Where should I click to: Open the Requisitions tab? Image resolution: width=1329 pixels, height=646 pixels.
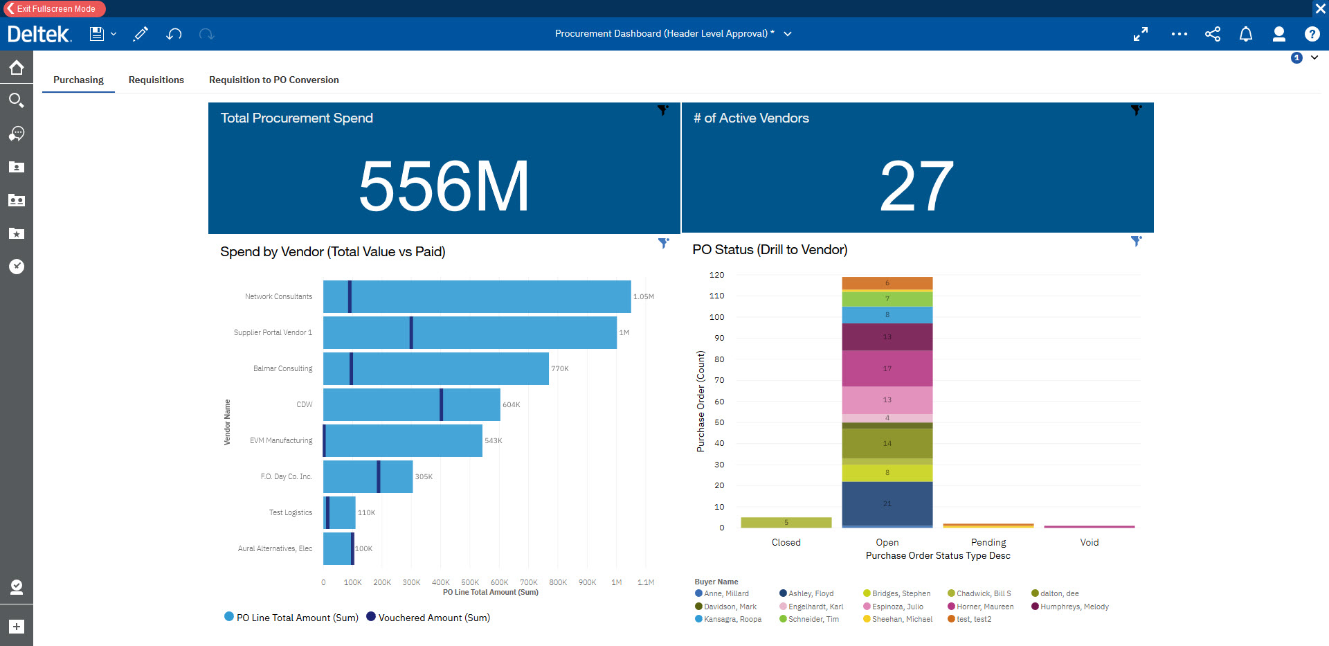pos(156,80)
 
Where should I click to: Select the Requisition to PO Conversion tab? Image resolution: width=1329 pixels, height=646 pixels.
pos(273,80)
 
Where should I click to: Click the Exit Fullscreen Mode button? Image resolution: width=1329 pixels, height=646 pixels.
pos(55,9)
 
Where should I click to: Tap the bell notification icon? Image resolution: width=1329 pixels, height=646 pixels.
pos(1245,34)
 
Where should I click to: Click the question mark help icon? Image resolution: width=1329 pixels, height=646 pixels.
pos(1312,34)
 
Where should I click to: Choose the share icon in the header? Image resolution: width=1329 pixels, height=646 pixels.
pos(1212,34)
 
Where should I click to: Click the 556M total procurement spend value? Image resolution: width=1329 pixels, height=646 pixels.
pos(444,186)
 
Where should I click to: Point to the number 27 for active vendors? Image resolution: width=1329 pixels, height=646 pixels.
pos(916,186)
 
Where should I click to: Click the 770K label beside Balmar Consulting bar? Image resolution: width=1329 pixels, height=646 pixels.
pos(560,368)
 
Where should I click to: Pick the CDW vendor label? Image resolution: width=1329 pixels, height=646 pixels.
pos(305,404)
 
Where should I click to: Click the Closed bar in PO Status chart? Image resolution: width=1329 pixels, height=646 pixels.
pos(786,523)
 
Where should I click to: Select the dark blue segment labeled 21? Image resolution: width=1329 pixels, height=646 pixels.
pos(887,503)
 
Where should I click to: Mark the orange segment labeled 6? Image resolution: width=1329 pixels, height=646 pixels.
pos(887,283)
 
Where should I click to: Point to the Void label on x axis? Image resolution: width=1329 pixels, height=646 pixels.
pos(1089,542)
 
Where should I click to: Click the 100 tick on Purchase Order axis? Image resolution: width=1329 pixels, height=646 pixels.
pos(716,317)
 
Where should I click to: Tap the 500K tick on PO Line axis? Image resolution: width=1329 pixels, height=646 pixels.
pos(470,582)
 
